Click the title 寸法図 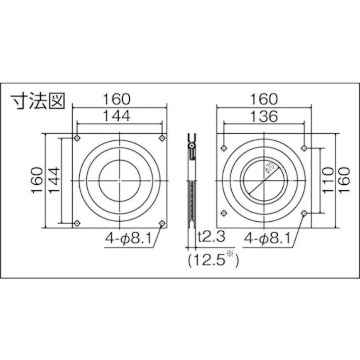[x=38, y=100]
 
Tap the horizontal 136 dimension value [x=264, y=116]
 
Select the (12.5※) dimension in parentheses [x=212, y=260]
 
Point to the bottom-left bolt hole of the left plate [x=77, y=223]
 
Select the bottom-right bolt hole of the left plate [x=162, y=223]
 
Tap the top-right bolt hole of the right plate [x=304, y=148]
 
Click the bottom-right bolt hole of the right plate [x=304, y=214]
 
